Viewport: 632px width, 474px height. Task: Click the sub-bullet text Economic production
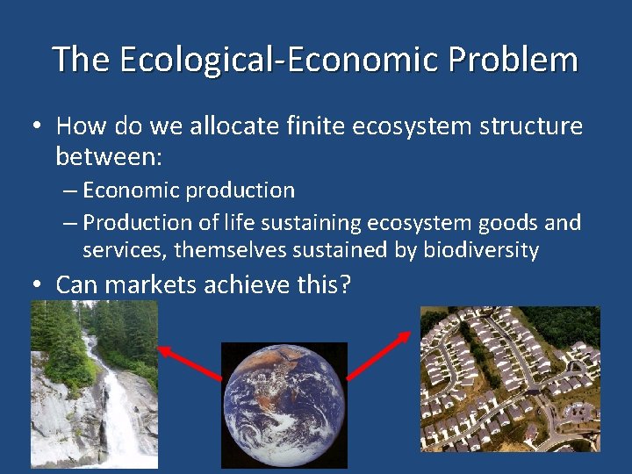coord(189,190)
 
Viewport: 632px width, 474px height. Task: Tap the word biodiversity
coord(480,250)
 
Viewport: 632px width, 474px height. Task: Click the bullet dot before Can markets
coord(36,285)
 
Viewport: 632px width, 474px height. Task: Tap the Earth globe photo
coord(284,405)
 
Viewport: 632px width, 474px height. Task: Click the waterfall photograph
coord(94,384)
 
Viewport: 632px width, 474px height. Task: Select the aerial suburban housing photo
coord(510,378)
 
